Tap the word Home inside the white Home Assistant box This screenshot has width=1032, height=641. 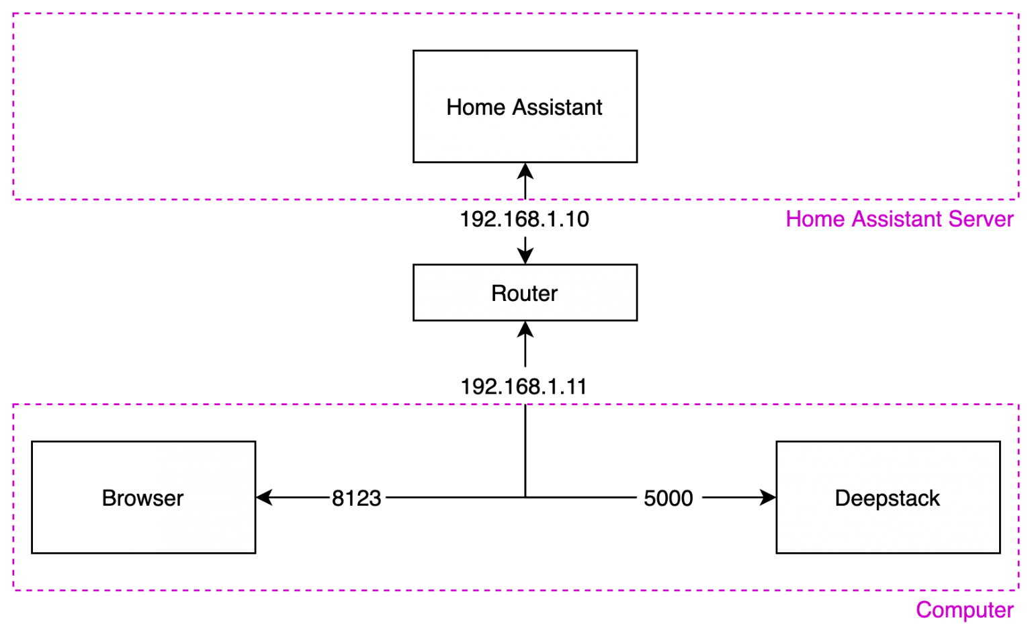pos(475,108)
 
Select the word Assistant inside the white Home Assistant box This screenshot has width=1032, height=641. pos(557,108)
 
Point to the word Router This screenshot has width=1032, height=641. pos(524,294)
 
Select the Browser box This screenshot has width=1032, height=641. pos(143,531)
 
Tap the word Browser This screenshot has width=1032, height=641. pos(142,499)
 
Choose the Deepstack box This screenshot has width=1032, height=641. pos(888,531)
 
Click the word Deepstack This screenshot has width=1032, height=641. pos(887,499)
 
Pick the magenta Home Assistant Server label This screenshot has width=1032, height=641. pos(899,219)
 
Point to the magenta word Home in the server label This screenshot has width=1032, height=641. pos(815,219)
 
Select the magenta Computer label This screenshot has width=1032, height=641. pos(964,610)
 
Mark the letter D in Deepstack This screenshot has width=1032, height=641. pos(842,499)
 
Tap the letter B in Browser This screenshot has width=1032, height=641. pos(109,499)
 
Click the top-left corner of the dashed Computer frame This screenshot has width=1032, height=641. pos(13,404)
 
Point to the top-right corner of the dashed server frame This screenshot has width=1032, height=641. pos(1019,13)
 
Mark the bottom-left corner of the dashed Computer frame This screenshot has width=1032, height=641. pos(13,591)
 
